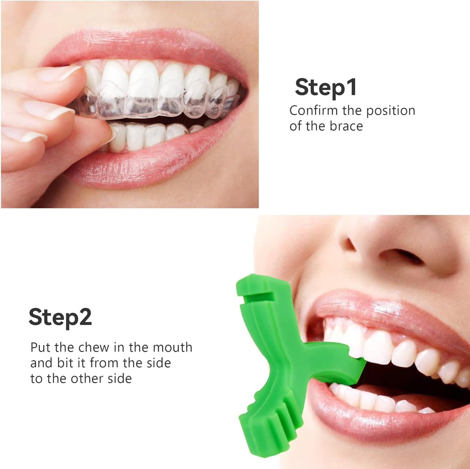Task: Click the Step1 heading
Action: [326, 87]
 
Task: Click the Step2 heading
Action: [60, 317]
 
